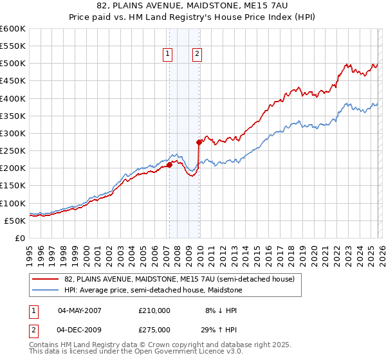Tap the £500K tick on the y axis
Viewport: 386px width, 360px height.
pos(13,64)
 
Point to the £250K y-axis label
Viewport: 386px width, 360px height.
pos(13,150)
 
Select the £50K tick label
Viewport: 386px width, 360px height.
pos(15,221)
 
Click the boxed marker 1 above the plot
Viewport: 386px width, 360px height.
pos(168,55)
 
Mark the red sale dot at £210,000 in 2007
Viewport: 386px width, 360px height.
pos(169,165)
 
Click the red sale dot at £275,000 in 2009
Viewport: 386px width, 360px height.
pos(199,142)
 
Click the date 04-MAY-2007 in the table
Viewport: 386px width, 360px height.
pos(80,310)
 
